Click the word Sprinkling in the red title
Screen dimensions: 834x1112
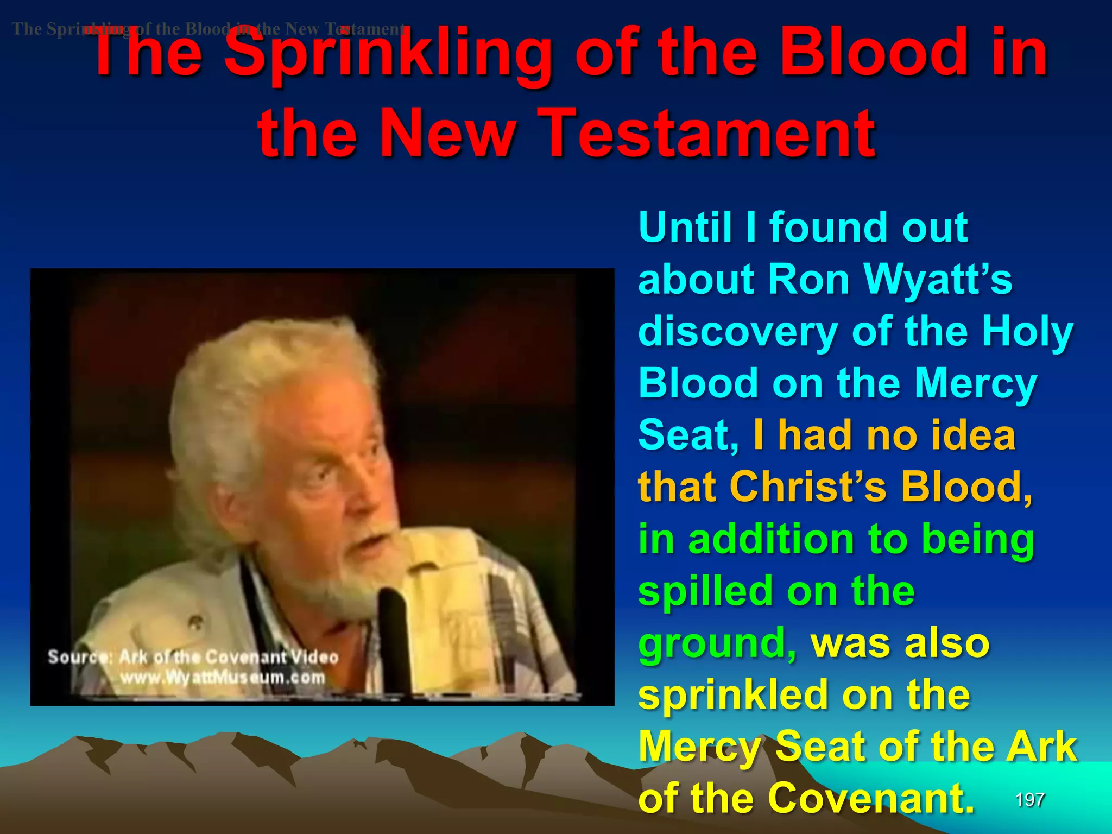click(x=388, y=54)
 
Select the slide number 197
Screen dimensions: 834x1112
click(x=1029, y=800)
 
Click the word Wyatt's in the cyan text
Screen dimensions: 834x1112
click(x=937, y=280)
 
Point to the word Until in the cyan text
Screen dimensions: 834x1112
click(x=685, y=228)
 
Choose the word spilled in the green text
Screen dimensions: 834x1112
click(x=706, y=591)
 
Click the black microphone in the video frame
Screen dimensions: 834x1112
click(x=392, y=635)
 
